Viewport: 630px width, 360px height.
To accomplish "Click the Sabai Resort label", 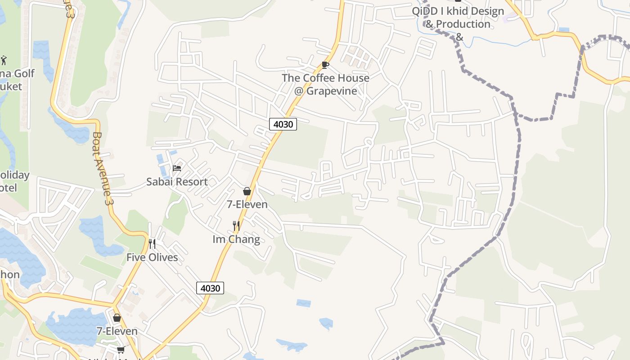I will coord(177,182).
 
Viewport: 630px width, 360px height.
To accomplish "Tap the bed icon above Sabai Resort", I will coord(177,168).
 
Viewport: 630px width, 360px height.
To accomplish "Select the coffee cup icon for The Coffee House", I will coord(325,65).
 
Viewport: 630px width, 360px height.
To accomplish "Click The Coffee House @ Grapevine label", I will coord(325,84).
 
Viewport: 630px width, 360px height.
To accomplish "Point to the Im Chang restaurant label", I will coord(236,239).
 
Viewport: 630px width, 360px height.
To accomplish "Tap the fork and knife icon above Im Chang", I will coord(236,225).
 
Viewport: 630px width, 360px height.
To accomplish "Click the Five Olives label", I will coord(152,257).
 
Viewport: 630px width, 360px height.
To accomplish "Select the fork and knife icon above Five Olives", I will coord(152,244).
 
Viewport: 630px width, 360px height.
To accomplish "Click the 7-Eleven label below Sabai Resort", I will coord(247,204).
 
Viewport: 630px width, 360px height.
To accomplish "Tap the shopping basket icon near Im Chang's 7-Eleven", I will coord(247,191).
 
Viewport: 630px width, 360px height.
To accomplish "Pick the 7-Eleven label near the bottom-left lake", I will coord(117,331).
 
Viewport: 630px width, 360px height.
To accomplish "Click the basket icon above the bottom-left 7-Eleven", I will coord(117,318).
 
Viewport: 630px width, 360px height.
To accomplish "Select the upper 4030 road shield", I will coord(283,124).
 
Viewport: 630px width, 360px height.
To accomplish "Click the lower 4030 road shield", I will coord(210,288).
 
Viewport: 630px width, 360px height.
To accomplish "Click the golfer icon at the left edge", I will coord(4,60).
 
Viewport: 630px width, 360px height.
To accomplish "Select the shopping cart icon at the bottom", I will coord(121,350).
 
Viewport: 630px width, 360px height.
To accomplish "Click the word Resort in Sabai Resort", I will coord(192,182).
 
